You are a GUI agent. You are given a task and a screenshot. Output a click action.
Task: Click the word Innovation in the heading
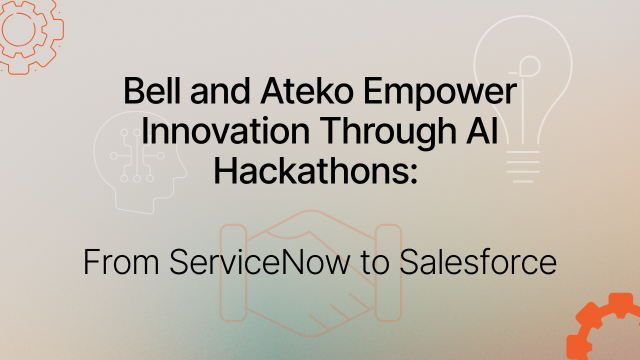212,132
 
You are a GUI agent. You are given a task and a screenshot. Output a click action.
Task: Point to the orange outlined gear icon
24,32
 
